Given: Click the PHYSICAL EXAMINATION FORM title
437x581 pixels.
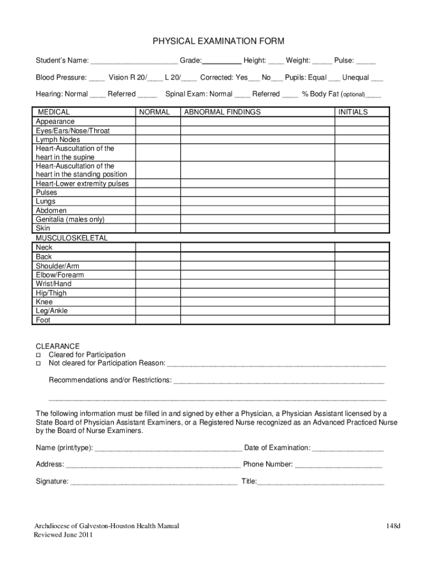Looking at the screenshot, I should pos(218,41).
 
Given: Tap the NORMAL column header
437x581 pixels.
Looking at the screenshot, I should pos(154,112).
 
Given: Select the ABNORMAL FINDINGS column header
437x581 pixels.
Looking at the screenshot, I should pos(222,112).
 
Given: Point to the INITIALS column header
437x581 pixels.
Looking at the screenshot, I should pos(353,112).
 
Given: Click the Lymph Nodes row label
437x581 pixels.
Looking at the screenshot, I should pos(58,140).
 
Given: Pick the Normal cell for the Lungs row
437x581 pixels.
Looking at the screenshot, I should pos(157,201).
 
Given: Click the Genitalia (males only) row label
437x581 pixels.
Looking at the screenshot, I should pos(70,220).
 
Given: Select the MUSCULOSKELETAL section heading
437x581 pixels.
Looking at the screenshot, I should pos(72,238).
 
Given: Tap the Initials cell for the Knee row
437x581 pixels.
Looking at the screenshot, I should pos(362,302).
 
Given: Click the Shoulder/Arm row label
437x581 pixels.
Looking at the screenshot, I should pos(57,266).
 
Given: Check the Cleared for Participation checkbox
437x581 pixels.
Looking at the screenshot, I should pos(39,355).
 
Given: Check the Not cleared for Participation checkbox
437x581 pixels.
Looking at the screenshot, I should pos(39,363).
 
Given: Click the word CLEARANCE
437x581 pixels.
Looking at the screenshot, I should pos(58,346).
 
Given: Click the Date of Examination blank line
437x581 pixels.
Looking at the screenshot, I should pos(347,449).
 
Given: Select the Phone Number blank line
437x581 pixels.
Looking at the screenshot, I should pos(338,465).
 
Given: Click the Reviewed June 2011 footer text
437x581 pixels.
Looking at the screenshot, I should pos(63,535).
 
